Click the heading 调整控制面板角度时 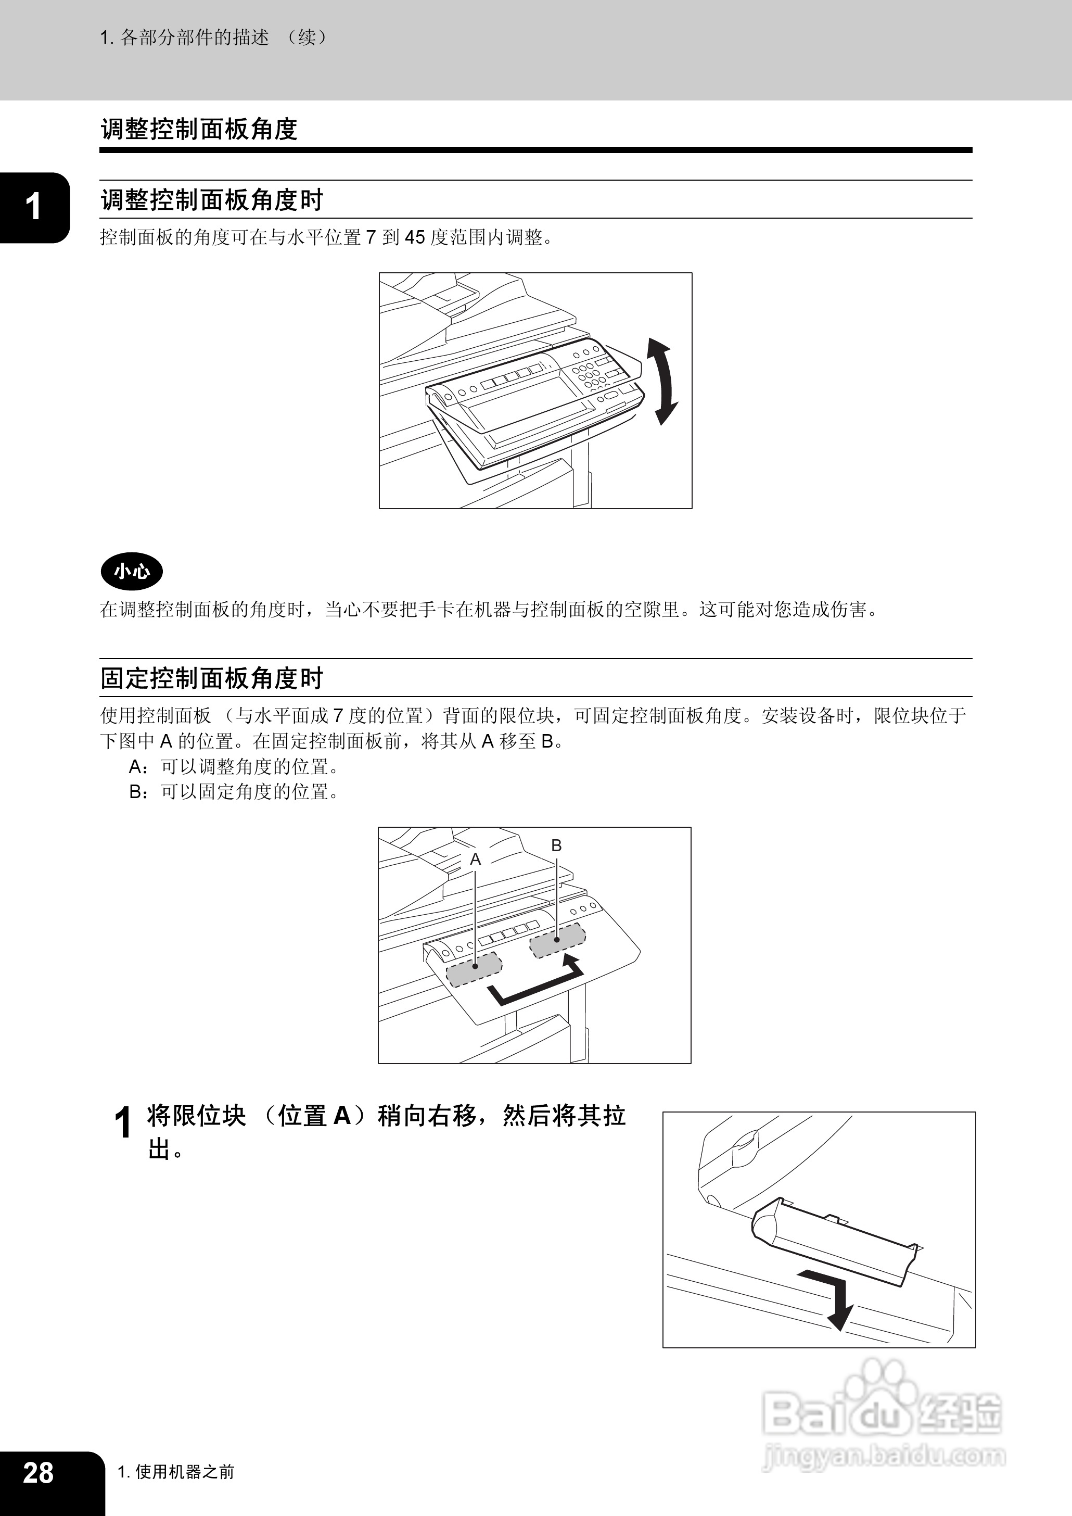(211, 199)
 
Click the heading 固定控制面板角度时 (211, 678)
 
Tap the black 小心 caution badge (131, 571)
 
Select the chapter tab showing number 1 (32, 207)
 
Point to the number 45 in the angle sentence (414, 237)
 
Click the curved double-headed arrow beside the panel (662, 381)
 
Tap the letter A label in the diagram (475, 860)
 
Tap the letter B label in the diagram (556, 845)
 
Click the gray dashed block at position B (558, 940)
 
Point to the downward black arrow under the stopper (833, 1297)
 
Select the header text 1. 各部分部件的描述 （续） (214, 37)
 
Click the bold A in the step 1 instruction (342, 1116)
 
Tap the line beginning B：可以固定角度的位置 (234, 792)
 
